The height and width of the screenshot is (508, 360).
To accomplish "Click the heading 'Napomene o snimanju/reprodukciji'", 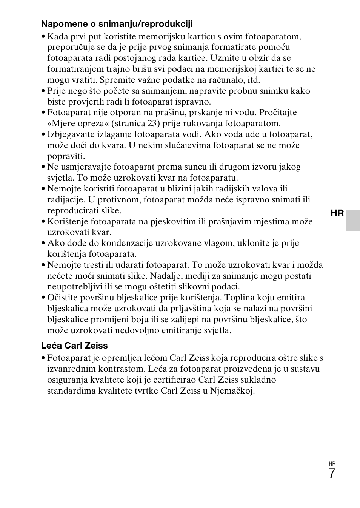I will tap(117, 24).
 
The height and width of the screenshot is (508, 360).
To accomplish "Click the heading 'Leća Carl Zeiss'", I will tap(74, 346).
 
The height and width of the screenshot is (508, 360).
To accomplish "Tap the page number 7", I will tap(331, 474).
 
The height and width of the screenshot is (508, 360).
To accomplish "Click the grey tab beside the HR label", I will tap(353, 221).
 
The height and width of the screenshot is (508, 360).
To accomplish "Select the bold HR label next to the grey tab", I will tap(337, 214).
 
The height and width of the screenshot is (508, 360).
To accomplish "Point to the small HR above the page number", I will tap(332, 464).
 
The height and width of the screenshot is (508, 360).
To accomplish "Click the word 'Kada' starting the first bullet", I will tap(58, 37).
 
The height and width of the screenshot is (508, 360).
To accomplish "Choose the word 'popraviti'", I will tap(66, 156).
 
